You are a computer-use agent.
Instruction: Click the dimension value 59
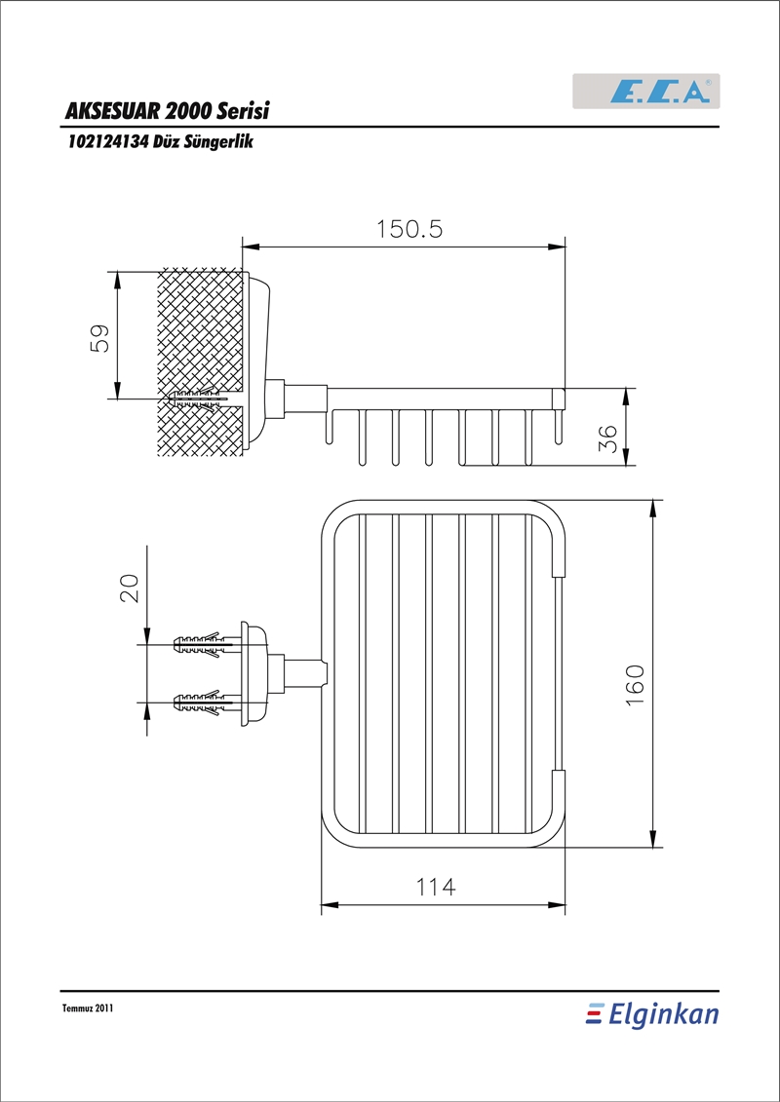point(100,338)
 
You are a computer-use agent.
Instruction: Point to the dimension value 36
point(606,438)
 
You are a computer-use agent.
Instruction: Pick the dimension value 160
point(635,686)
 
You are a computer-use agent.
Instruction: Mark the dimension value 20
point(130,588)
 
